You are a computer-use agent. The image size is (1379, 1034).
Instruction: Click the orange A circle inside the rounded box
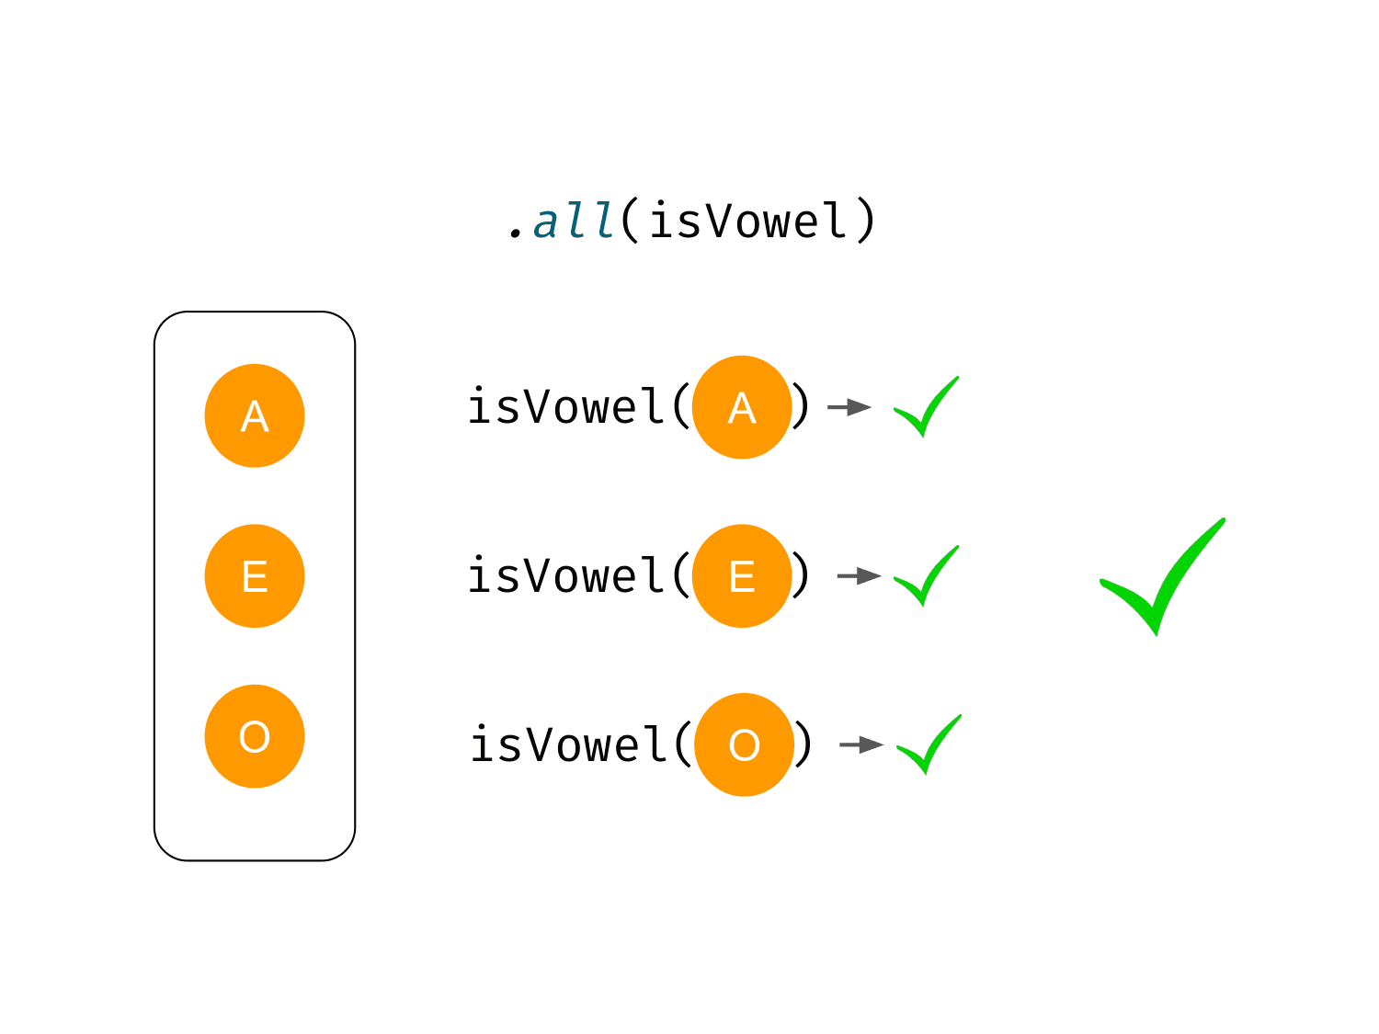(x=255, y=415)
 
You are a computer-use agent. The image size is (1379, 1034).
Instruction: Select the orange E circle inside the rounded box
(x=255, y=575)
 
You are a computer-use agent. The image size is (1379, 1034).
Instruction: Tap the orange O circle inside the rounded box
(x=255, y=736)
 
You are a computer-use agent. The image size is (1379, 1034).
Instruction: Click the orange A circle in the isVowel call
(x=741, y=407)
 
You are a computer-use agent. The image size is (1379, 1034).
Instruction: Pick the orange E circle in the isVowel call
(x=741, y=575)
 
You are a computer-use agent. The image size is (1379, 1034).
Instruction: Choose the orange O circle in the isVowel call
(x=744, y=744)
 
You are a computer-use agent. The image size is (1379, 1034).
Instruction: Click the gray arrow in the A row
(x=849, y=407)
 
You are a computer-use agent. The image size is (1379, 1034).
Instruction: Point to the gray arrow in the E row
(x=859, y=575)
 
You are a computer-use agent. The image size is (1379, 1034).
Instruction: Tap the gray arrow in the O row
(x=861, y=744)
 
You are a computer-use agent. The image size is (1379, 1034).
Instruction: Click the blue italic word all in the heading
(x=573, y=221)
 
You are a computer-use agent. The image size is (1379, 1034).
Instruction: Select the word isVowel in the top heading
(x=747, y=221)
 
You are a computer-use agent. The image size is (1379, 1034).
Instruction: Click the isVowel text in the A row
(x=565, y=405)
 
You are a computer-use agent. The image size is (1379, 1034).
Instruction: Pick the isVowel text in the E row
(x=565, y=574)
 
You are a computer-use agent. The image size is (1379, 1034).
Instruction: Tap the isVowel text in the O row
(x=568, y=743)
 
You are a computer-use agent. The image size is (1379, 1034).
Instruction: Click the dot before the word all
(x=515, y=234)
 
